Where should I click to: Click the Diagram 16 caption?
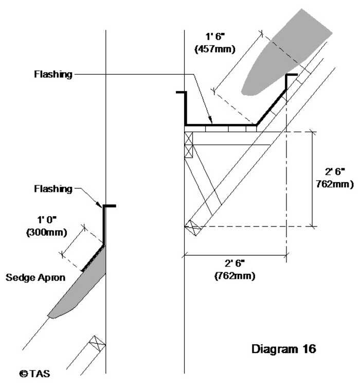click(284, 349)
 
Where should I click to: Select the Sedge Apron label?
click(35, 278)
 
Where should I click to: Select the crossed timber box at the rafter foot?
click(191, 227)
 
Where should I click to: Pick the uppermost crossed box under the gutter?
click(188, 138)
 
